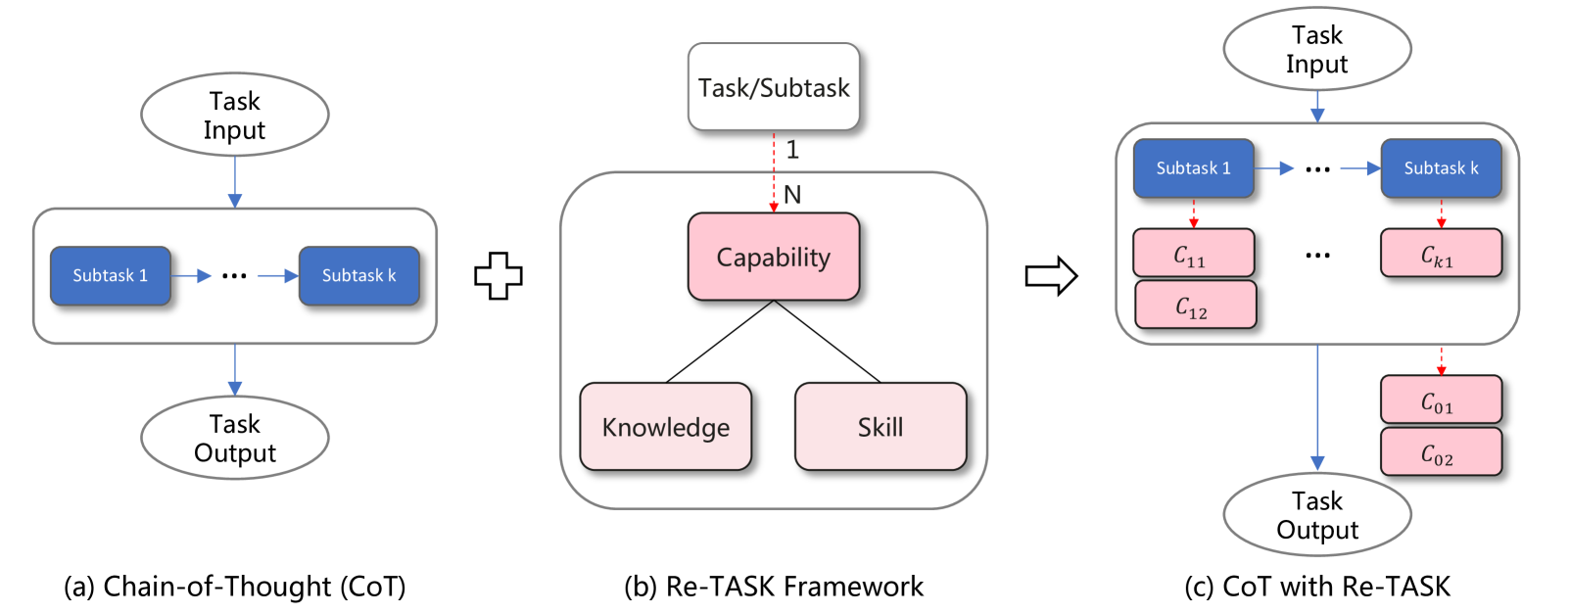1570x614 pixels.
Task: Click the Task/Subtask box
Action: click(774, 87)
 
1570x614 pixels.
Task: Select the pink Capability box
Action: click(774, 257)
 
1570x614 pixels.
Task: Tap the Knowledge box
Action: click(666, 427)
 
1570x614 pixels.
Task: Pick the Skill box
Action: click(880, 427)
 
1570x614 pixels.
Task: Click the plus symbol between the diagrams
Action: click(499, 276)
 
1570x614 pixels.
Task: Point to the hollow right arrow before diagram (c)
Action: click(1051, 276)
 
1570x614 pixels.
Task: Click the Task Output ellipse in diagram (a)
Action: click(235, 438)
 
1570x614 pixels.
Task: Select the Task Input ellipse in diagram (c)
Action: click(1317, 49)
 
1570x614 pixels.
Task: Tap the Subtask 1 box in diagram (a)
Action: click(111, 276)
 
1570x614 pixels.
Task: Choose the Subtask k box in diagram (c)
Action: click(1441, 168)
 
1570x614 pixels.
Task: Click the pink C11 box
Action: click(1193, 254)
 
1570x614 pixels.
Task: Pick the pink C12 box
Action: click(1195, 306)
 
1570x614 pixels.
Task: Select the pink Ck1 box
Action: click(1441, 254)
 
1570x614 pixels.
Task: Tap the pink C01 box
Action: click(1441, 401)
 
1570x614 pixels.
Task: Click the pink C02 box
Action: click(1441, 452)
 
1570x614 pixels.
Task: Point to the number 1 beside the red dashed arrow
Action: click(792, 150)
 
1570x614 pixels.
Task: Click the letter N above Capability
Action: click(792, 195)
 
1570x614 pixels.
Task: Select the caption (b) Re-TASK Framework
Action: click(774, 587)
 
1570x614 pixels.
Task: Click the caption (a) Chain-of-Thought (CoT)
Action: click(235, 587)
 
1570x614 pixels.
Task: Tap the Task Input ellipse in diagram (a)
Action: click(235, 115)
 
